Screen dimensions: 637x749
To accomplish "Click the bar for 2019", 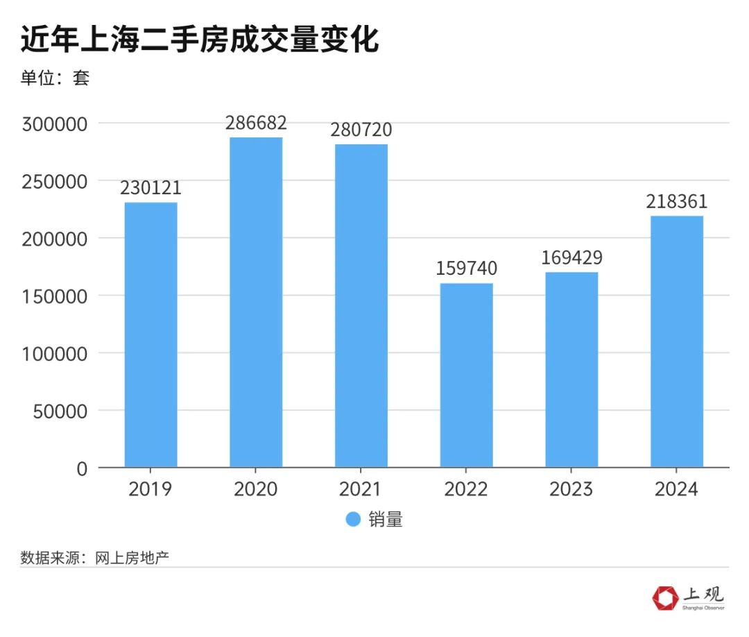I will (151, 334).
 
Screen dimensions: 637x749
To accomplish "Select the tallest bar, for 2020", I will (256, 302).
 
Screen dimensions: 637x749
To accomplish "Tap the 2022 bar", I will (466, 375).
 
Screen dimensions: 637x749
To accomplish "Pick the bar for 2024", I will (676, 341).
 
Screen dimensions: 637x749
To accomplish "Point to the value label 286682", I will (256, 123).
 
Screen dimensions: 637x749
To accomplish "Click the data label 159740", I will (466, 269).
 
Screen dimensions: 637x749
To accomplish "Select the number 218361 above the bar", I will (676, 201).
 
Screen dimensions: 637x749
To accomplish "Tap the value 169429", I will (571, 257).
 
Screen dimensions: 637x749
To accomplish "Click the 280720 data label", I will (361, 130).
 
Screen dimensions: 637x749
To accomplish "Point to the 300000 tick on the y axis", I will (55, 124).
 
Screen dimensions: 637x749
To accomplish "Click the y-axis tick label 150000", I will (55, 296).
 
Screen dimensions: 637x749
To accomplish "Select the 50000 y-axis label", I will (59, 411).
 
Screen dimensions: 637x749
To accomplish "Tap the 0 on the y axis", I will (83, 469).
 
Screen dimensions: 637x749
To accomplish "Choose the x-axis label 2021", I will (361, 489).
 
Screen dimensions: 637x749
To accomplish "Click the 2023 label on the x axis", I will (571, 489).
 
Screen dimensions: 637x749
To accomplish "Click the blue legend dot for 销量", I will (353, 519).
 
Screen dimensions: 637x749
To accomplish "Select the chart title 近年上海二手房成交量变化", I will (200, 40).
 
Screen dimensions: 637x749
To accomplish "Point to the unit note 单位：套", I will (55, 78).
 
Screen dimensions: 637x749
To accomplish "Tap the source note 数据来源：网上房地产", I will (95, 557).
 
